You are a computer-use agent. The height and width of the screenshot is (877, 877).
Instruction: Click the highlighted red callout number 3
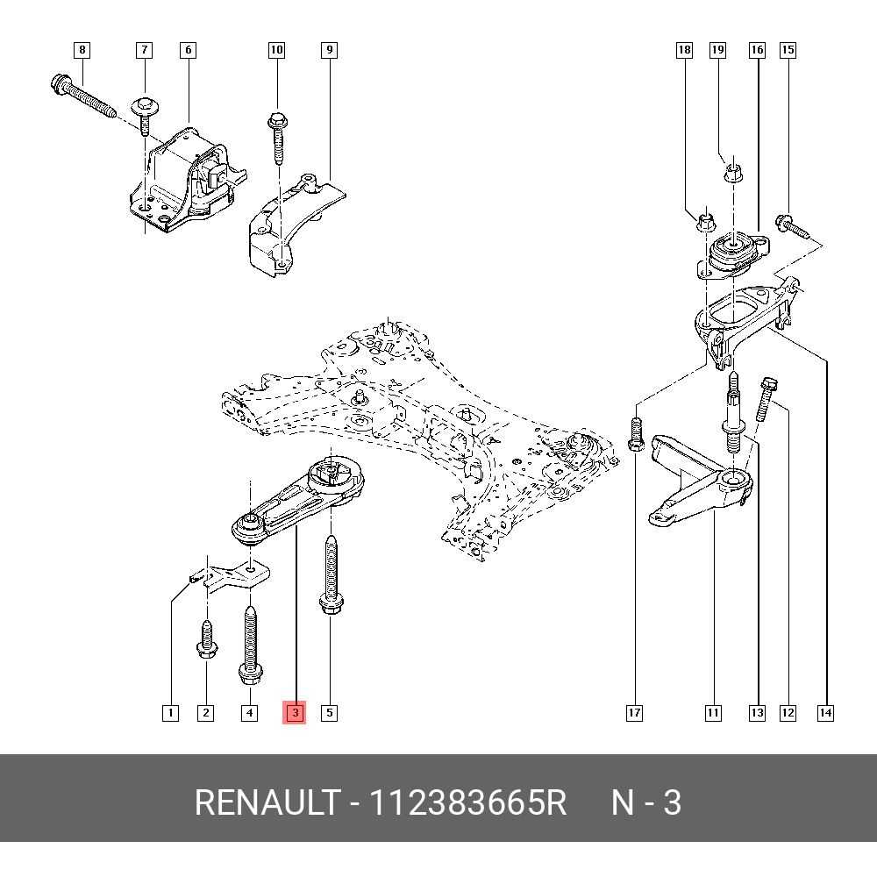pyautogui.click(x=296, y=713)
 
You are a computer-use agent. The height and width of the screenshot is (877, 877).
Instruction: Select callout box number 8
pyautogui.click(x=82, y=50)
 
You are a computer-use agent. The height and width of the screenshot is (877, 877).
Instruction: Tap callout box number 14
pyautogui.click(x=825, y=713)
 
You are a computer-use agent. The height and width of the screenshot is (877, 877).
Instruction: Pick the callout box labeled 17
pyautogui.click(x=634, y=713)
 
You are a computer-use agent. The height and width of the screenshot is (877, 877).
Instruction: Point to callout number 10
pyautogui.click(x=276, y=50)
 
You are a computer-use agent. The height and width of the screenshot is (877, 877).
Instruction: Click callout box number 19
pyautogui.click(x=717, y=50)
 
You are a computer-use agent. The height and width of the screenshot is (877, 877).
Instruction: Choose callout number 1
pyautogui.click(x=170, y=713)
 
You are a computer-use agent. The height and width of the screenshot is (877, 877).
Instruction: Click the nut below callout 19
pyautogui.click(x=735, y=171)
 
